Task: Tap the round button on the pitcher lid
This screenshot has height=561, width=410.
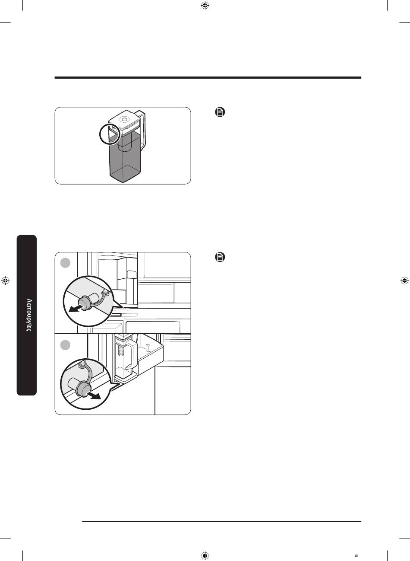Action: pos(124,119)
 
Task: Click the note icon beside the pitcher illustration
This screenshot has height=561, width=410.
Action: pos(220,112)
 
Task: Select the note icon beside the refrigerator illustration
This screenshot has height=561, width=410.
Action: pos(220,257)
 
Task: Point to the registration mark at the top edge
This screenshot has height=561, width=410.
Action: pos(205,5)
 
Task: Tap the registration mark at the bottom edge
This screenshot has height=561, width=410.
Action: pos(205,555)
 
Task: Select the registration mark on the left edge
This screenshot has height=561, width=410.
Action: pos(5,280)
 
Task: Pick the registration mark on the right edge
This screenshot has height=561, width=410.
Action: pos(404,280)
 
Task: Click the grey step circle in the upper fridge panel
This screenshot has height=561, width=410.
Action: pos(65,263)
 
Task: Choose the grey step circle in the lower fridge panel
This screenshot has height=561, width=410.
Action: pos(65,345)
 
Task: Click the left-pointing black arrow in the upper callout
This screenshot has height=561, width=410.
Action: pos(76,308)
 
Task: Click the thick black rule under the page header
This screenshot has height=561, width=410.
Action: pos(208,78)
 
